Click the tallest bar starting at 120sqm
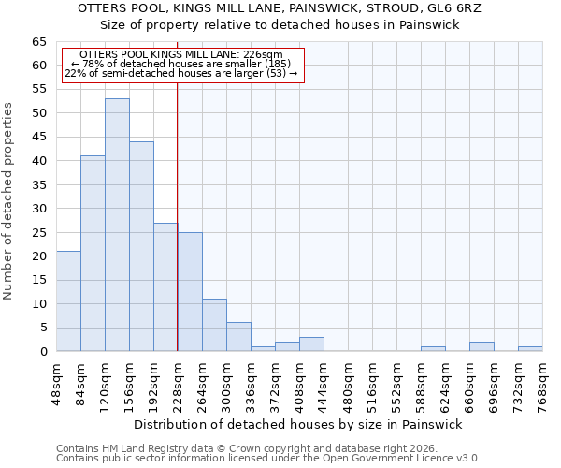click(117, 225)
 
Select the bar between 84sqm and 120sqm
click(93, 253)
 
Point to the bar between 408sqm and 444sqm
click(311, 344)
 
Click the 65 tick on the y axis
click(38, 42)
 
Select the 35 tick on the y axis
click(38, 184)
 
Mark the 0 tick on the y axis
click(43, 351)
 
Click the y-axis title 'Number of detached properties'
click(9, 201)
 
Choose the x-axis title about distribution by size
click(299, 424)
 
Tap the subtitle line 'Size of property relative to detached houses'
click(280, 24)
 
